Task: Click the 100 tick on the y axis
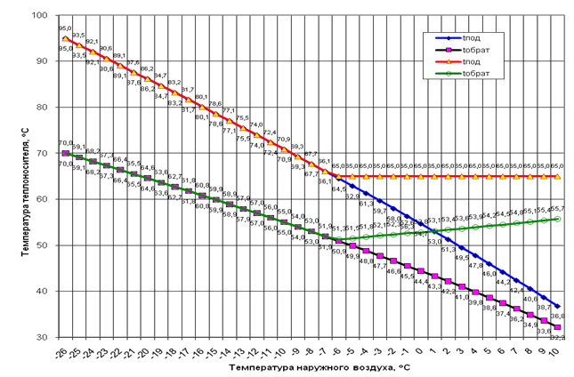[41, 16]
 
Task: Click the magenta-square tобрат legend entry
[474, 52]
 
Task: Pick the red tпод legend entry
[471, 65]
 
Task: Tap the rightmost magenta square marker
[558, 327]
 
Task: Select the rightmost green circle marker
[558, 219]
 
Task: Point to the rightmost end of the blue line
[558, 306]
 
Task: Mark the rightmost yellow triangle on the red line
[558, 176]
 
